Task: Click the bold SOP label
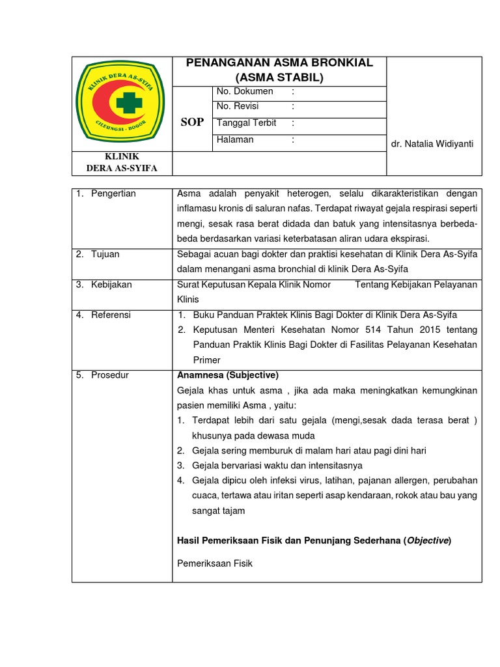pos(192,122)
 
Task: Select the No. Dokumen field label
pos(245,91)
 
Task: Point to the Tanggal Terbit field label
pos(246,122)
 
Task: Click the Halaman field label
pos(235,139)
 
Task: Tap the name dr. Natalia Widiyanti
pos(432,143)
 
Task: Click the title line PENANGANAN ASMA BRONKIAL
pos(279,63)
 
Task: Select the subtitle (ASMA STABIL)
pos(279,78)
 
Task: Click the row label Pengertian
pos(113,193)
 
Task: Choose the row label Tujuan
pos(105,254)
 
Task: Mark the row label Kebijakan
pos(111,285)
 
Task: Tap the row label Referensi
pos(111,315)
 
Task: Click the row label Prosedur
pos(110,375)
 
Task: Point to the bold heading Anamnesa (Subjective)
pos(228,375)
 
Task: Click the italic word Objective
pos(428,541)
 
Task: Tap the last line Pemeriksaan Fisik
pos(215,563)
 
